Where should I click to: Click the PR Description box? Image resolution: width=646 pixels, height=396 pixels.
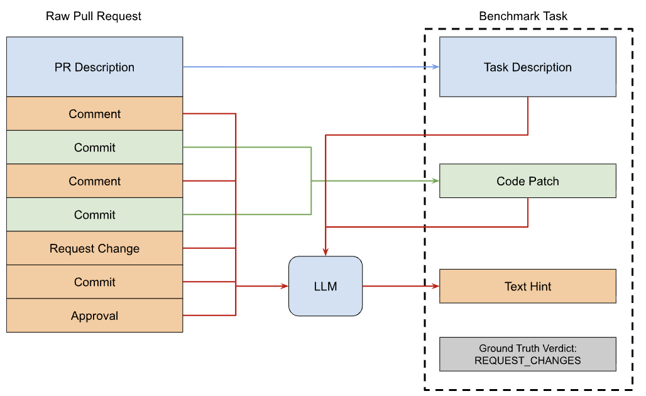[94, 67]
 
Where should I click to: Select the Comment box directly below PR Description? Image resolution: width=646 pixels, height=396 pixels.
[94, 114]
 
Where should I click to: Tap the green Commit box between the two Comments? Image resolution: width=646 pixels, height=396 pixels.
[94, 148]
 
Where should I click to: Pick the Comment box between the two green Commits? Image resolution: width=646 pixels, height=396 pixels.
[94, 181]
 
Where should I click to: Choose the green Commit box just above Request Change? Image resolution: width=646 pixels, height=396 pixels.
[94, 215]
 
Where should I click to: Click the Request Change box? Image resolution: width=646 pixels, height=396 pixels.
[94, 248]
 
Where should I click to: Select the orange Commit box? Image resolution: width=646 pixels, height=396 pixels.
[94, 282]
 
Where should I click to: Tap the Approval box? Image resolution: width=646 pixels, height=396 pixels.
[94, 316]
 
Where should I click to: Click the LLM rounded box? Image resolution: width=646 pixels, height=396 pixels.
[326, 286]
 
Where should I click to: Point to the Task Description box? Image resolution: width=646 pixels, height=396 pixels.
[527, 67]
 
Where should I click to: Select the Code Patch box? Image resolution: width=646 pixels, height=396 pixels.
[527, 181]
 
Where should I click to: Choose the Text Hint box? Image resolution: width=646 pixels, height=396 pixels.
[527, 286]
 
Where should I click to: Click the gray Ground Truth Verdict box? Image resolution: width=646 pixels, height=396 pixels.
[527, 355]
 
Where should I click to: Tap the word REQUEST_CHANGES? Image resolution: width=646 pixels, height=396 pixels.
[527, 361]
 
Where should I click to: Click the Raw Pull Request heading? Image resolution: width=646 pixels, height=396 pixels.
[94, 16]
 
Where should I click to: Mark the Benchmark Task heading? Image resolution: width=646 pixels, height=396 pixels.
[523, 16]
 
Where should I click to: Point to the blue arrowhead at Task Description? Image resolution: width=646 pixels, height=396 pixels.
[435, 67]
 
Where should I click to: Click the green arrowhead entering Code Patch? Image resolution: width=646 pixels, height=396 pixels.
[435, 181]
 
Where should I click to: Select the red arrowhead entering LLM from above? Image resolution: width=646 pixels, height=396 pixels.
[326, 252]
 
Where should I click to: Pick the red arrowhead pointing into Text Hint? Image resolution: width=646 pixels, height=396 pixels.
[435, 286]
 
